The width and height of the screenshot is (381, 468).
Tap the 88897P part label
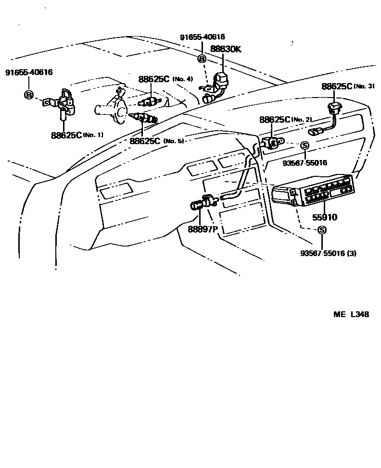203,229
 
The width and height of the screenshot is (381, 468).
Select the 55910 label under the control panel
325,217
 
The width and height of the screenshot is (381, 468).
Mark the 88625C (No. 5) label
157,141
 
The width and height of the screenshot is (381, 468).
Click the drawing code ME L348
351,315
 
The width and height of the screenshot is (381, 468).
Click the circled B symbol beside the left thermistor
28,95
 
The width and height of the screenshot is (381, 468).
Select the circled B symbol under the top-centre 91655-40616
202,59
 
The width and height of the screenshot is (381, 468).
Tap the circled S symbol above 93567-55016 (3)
322,230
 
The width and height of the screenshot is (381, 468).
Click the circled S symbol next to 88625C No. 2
304,145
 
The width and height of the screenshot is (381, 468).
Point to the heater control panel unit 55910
313,195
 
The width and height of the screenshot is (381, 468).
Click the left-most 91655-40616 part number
29,73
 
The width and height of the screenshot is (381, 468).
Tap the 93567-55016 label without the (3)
305,163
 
